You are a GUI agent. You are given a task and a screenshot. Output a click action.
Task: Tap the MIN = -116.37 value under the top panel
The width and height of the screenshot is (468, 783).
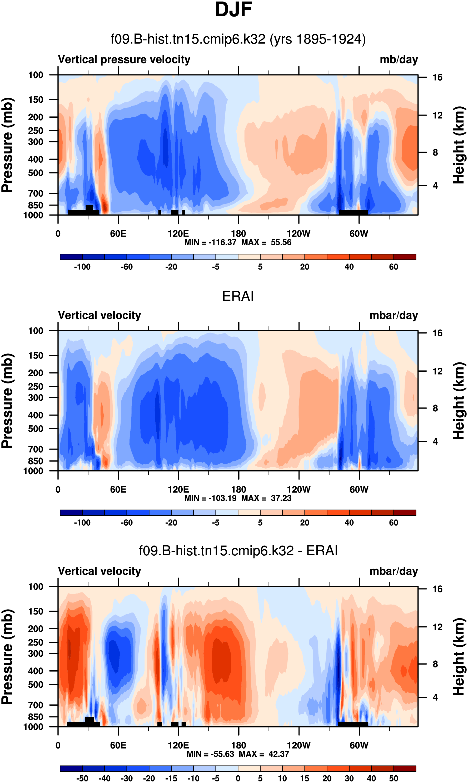pos(210,242)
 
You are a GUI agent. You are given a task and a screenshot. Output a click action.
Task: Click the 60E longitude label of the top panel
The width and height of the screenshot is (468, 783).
pos(118,234)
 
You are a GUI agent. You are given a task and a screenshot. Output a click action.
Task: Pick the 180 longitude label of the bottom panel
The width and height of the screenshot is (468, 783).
pos(238,745)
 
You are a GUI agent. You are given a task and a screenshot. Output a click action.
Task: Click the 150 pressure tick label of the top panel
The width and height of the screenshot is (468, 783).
pos(36,100)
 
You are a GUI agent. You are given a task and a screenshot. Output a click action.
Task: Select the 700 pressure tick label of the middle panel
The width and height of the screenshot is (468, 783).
pos(36,449)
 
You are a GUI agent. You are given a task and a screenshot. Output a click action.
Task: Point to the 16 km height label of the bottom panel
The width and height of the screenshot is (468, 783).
pos(437,589)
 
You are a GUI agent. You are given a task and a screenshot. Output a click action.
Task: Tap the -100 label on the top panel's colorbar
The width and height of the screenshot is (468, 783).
pos(82,267)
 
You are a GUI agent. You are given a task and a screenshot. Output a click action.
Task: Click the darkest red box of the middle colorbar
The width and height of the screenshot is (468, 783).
pos(405,512)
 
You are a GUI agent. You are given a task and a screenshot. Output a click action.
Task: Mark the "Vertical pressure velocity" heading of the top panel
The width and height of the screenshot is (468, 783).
pos(124,59)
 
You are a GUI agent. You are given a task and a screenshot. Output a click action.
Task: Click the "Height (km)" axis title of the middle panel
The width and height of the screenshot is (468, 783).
pos(459,401)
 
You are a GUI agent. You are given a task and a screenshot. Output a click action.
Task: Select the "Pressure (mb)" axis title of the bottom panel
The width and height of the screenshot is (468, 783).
pos(7,657)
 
